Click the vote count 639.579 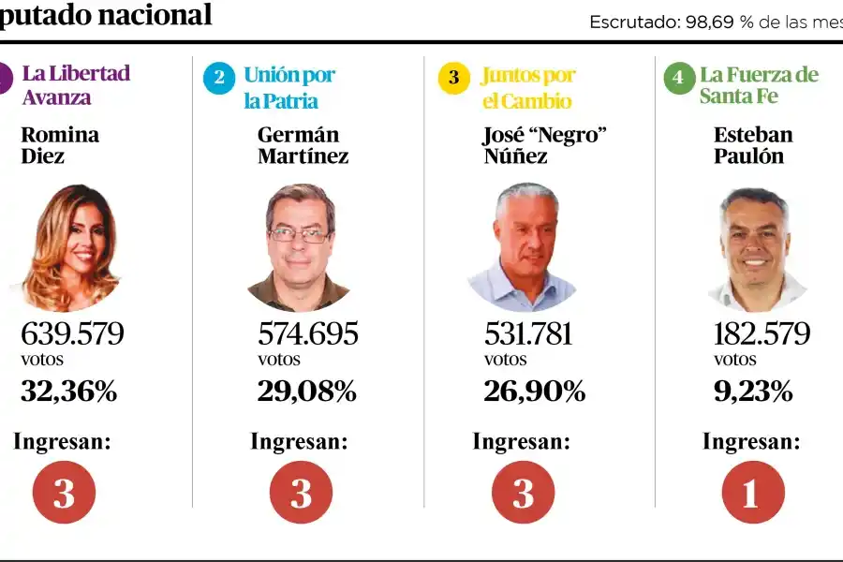[x=72, y=334]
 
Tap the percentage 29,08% [x=306, y=392]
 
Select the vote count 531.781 [x=528, y=334]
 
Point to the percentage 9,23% [x=753, y=392]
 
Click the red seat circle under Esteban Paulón [x=749, y=493]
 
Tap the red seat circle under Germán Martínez [x=301, y=493]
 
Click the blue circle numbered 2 [x=219, y=78]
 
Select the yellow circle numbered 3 [x=454, y=78]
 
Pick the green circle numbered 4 [x=678, y=78]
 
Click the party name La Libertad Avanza [x=76, y=84]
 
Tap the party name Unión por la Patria [x=288, y=88]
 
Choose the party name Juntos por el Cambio [x=527, y=88]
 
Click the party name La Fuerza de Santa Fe [x=759, y=85]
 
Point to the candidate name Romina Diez [x=60, y=145]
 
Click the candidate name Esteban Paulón [x=753, y=145]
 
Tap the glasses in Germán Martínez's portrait [x=299, y=234]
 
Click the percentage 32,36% [x=68, y=392]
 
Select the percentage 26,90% [x=534, y=392]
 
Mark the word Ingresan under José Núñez [x=521, y=441]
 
